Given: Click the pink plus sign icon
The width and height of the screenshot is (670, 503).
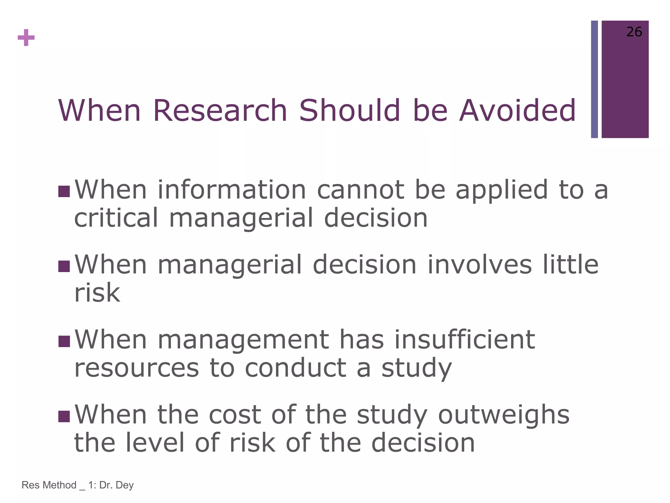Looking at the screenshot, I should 26,38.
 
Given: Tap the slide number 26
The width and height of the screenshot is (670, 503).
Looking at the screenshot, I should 634,32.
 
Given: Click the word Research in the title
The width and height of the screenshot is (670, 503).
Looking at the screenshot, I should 220,110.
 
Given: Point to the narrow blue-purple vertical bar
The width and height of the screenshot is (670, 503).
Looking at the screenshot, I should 594,79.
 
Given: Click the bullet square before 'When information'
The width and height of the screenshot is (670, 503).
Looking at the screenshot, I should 64,191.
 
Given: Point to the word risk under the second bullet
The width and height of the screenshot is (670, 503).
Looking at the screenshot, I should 97,293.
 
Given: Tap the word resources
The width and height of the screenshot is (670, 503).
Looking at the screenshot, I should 136,368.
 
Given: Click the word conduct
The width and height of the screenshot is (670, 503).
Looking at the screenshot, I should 295,368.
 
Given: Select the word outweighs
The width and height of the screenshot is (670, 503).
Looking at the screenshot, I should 504,415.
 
